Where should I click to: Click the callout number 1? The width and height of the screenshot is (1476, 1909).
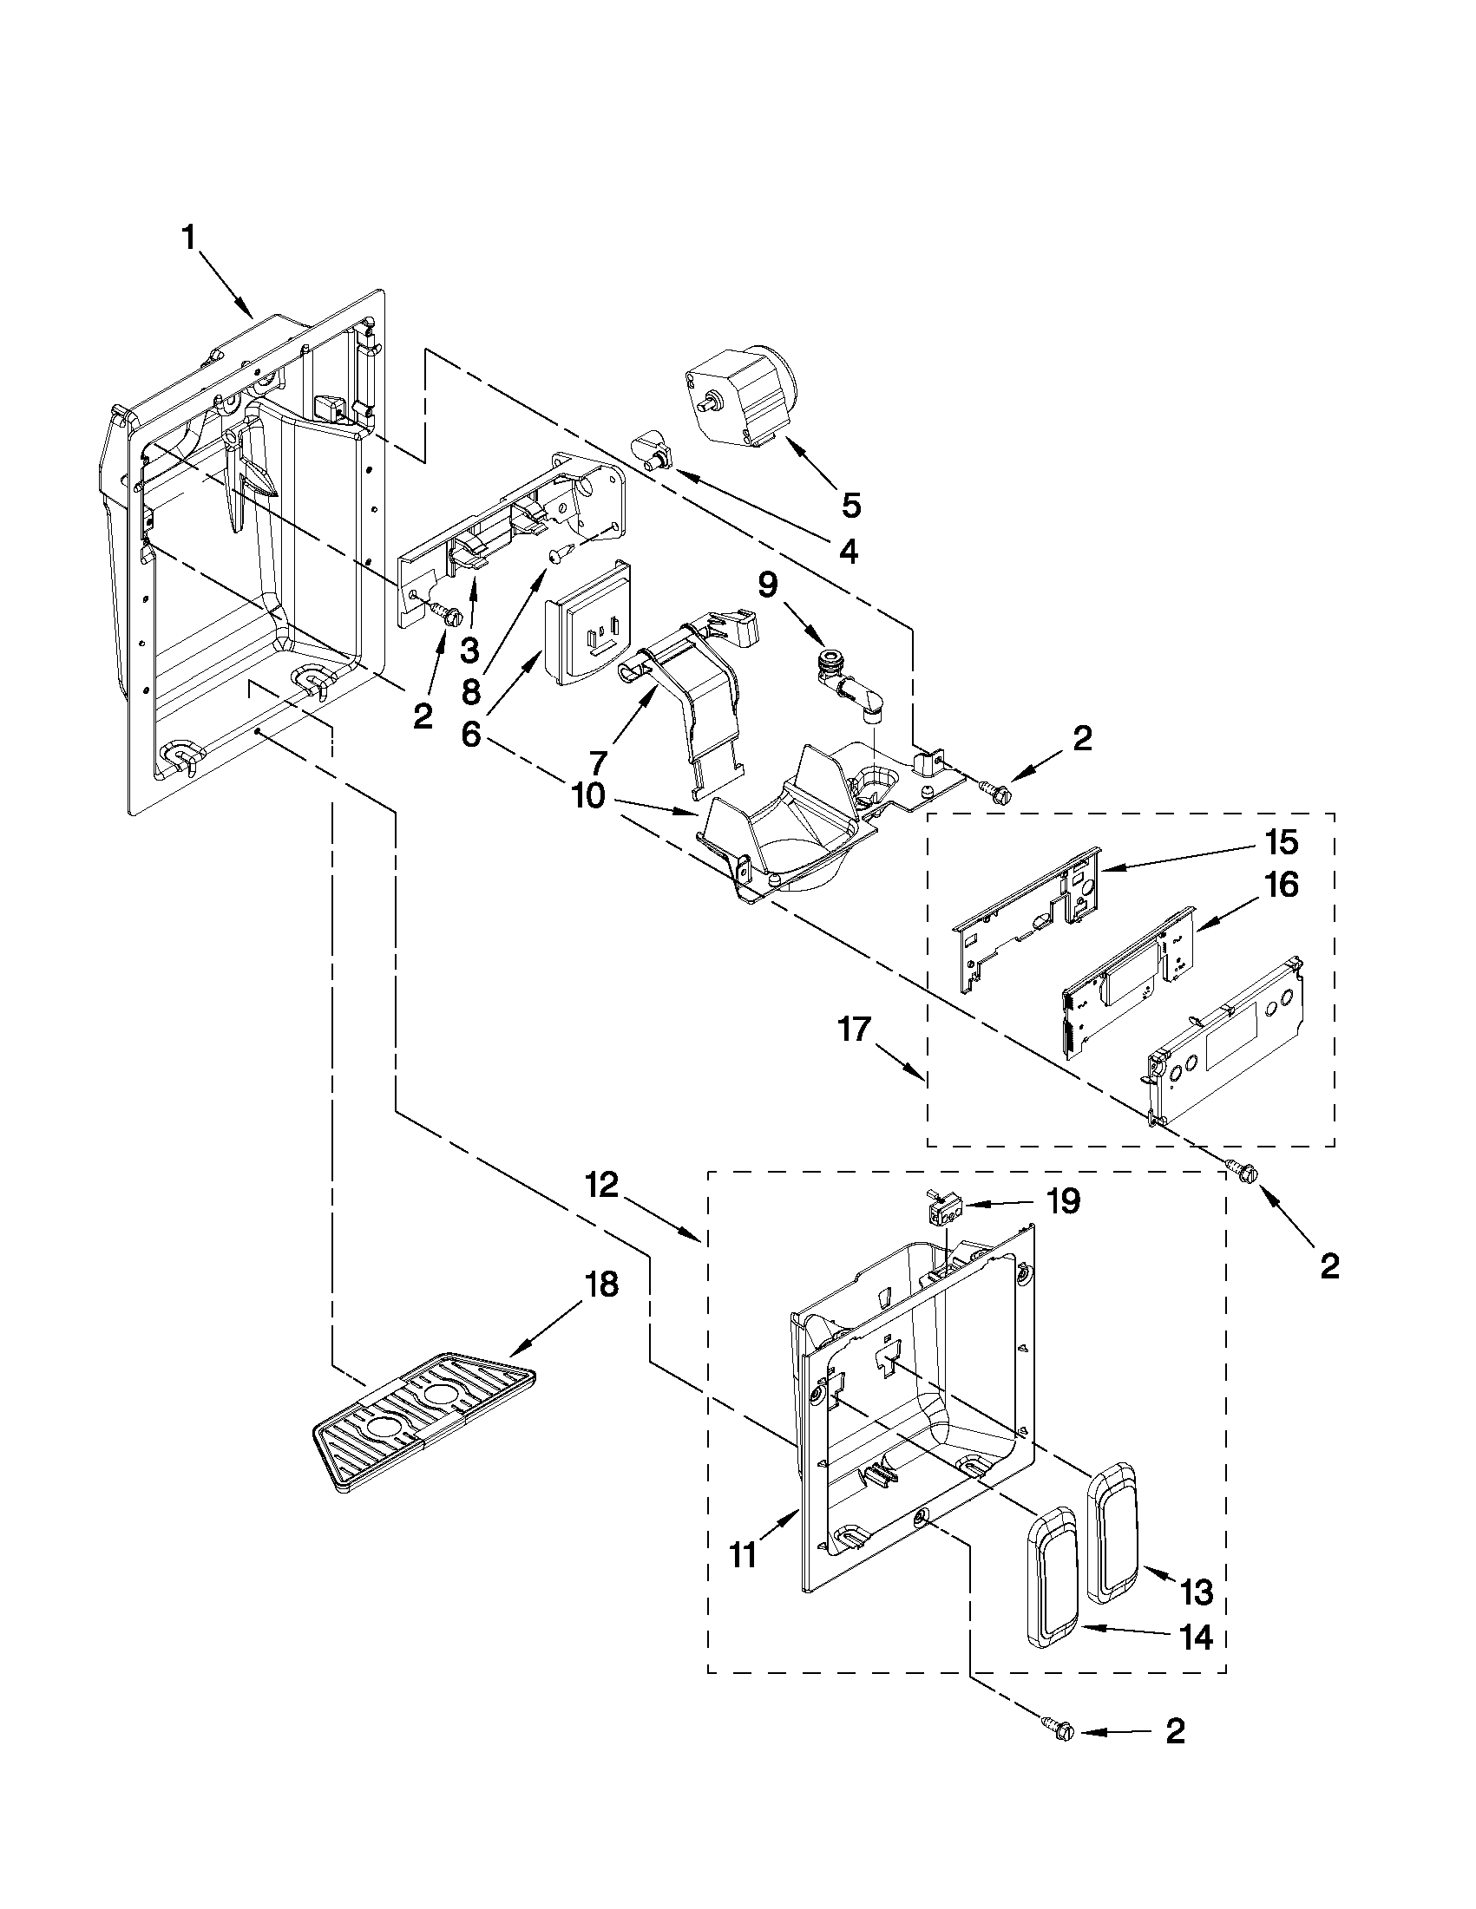(x=189, y=237)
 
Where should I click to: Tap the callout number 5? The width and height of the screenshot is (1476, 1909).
(x=850, y=504)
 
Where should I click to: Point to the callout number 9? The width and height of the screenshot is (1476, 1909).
(x=767, y=585)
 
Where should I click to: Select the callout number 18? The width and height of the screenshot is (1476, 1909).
(x=602, y=1284)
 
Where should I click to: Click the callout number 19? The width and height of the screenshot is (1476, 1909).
(x=1063, y=1201)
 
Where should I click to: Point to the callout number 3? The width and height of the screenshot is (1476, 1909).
(x=470, y=650)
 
